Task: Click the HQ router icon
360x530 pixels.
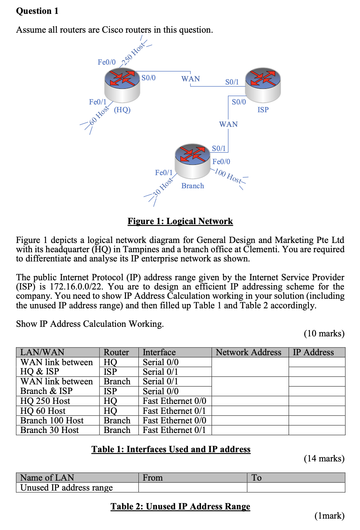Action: pos(122,85)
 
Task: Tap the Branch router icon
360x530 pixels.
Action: pos(192,160)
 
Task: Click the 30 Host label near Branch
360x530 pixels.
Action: pos(163,187)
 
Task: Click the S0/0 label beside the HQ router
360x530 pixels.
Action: pos(148,78)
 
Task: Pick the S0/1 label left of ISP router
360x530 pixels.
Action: pos(232,82)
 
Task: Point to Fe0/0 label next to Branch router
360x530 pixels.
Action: pos(221,162)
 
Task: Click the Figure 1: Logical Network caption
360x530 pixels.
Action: pos(180,221)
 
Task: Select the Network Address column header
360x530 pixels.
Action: pos(249,352)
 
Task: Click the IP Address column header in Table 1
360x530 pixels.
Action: pos(313,352)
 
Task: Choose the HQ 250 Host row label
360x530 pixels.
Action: pos(45,401)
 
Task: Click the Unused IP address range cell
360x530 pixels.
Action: pos(66,488)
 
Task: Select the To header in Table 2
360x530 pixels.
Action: pos(256,478)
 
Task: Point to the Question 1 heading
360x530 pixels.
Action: pos(37,11)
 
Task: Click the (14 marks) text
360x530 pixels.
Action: pos(324,459)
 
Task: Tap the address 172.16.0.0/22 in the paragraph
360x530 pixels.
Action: pos(76,287)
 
